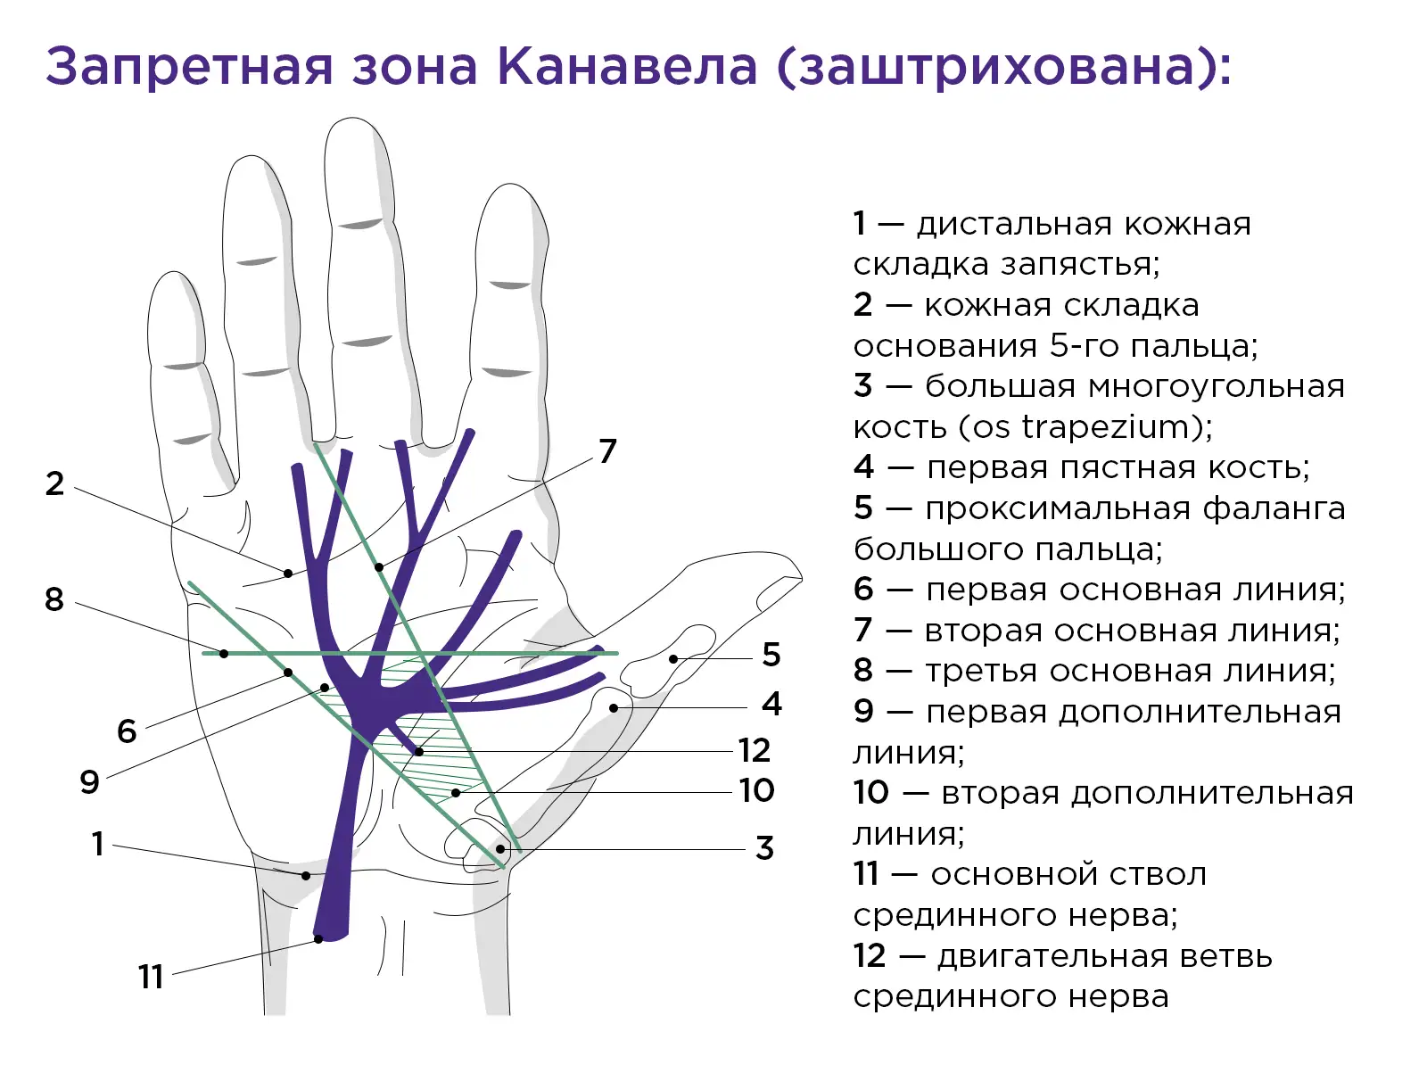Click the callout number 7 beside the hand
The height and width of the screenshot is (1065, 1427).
point(607,451)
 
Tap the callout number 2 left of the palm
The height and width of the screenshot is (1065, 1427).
point(54,483)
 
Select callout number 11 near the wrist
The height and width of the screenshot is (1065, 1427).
point(150,977)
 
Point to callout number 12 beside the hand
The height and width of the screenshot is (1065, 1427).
point(755,751)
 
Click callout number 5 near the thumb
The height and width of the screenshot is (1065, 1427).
point(771,654)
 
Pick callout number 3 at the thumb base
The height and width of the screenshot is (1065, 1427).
point(764,848)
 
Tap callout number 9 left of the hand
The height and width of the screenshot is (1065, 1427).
point(90,781)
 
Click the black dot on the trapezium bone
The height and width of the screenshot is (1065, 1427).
point(500,848)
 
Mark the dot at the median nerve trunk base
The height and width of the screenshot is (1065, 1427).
point(318,939)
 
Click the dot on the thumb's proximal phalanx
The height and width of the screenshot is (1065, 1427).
point(673,658)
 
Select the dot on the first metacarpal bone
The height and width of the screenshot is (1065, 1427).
point(613,708)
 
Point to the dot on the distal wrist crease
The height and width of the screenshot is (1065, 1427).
point(306,876)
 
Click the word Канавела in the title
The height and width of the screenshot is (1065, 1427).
point(628,66)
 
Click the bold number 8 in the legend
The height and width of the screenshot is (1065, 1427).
point(862,671)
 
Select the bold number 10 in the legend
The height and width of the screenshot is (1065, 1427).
point(870,793)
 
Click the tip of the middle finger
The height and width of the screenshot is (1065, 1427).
point(351,119)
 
